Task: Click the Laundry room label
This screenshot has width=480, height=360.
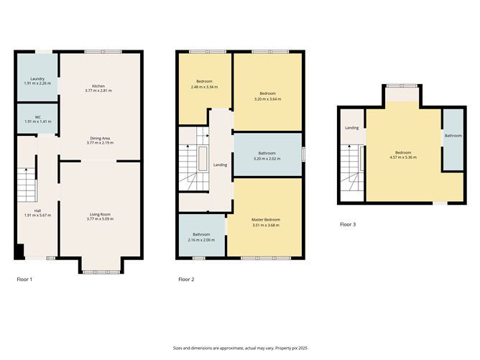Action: point(37,79)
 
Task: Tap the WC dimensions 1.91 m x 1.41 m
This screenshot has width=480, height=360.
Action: point(37,121)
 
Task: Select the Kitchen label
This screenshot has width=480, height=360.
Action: point(98,86)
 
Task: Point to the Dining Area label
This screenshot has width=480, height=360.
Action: point(100,139)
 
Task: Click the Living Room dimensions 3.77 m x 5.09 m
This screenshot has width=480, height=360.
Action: point(100,219)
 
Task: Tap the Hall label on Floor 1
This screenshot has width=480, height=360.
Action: point(37,211)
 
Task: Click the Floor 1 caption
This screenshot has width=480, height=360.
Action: point(24,280)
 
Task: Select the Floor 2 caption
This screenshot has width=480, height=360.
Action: point(186,280)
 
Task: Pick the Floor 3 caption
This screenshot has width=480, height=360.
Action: point(348,224)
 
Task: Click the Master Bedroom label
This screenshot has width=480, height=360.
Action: point(266,220)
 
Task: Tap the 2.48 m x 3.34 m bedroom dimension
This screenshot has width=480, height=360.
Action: point(204,87)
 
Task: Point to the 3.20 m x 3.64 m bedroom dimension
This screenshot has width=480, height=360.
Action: point(267,99)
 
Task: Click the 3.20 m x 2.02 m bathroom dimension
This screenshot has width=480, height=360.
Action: point(267,159)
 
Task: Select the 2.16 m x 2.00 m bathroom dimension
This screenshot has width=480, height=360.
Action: point(201,240)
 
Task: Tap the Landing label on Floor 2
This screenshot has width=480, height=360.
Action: point(220,165)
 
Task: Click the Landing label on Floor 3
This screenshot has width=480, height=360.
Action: point(351,128)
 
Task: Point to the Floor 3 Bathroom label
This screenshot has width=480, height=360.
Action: point(453,136)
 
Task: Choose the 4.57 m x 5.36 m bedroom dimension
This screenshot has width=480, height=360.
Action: point(403,157)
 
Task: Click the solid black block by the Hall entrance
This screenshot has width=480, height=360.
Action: point(19,251)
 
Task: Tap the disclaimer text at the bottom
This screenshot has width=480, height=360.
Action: point(240,348)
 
